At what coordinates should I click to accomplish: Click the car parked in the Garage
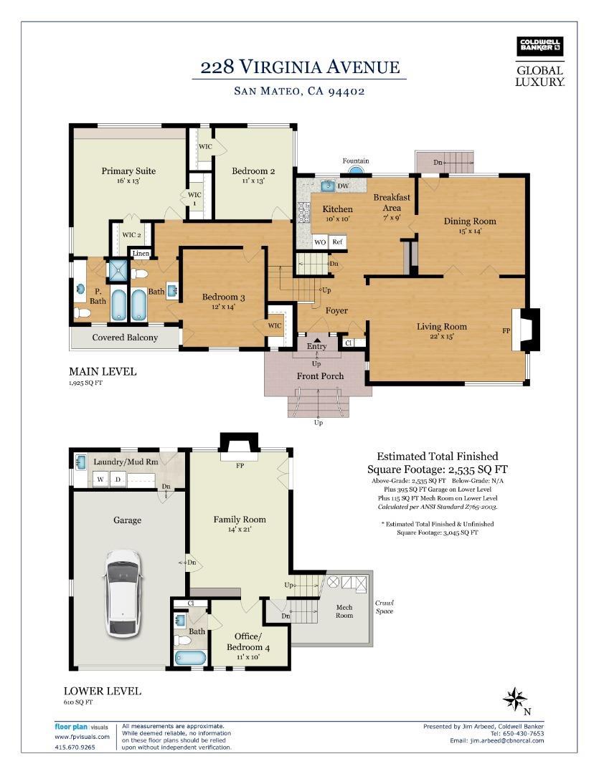[x=123, y=593]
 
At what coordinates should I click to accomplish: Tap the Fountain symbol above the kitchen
[x=355, y=171]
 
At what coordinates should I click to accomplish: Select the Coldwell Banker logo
[x=539, y=46]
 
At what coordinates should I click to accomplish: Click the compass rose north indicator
[x=514, y=699]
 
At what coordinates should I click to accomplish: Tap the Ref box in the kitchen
[x=338, y=242]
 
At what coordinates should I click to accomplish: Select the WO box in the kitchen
[x=320, y=242]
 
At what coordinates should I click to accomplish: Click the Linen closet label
[x=141, y=253]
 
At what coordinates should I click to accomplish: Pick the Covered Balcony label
[x=125, y=338]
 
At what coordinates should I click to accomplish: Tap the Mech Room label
[x=344, y=611]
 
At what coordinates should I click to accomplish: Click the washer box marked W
[x=101, y=479]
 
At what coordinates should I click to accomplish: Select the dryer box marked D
[x=118, y=479]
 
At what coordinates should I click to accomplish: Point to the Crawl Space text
[x=384, y=607]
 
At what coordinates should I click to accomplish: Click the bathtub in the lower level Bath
[x=190, y=658]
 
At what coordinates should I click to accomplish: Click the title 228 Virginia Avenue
[x=300, y=67]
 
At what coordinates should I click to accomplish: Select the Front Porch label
[x=320, y=376]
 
